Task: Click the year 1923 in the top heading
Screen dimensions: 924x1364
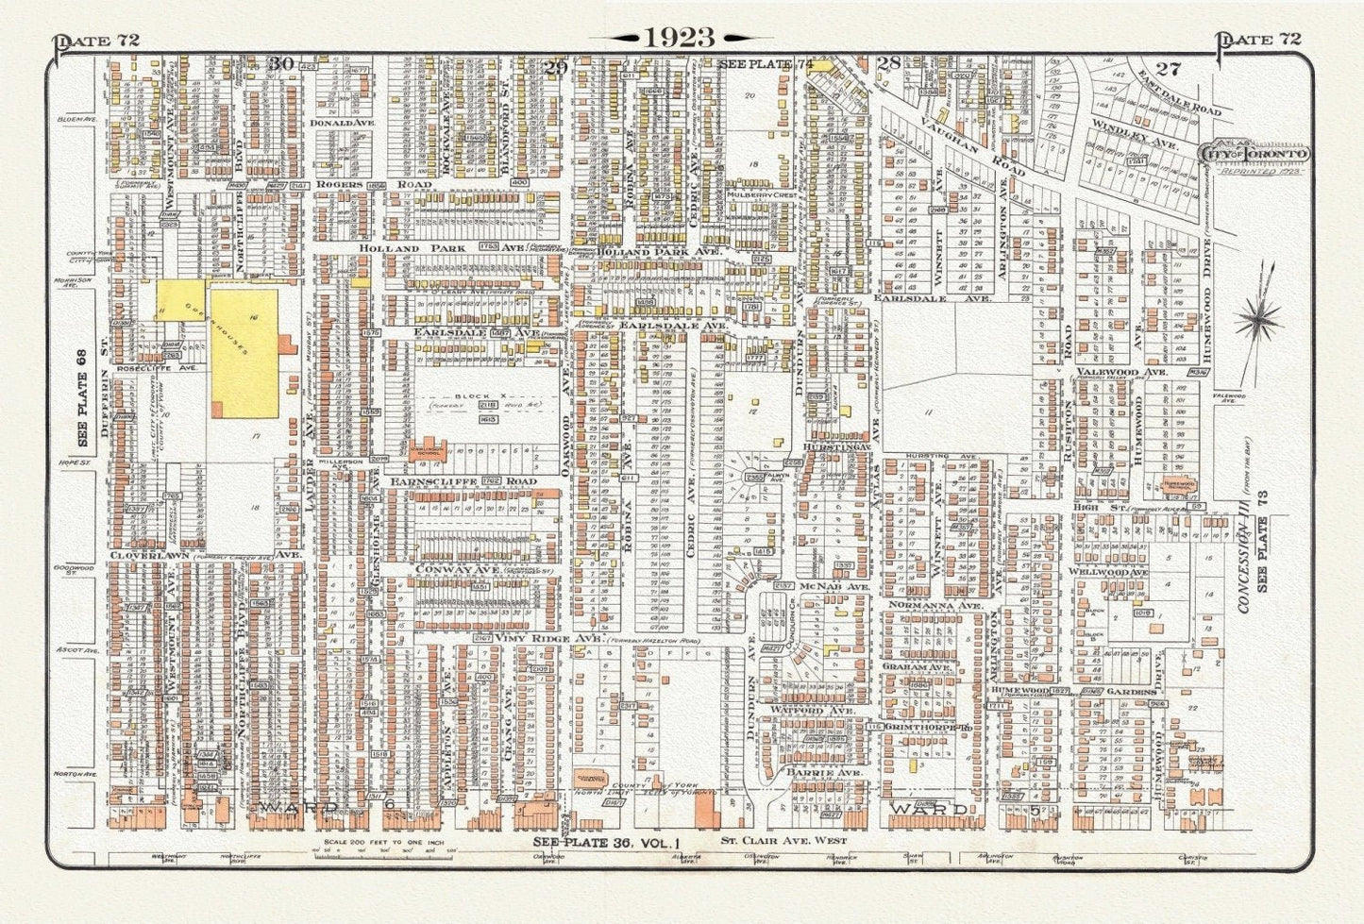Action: (680, 37)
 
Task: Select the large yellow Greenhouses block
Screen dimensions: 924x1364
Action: (244, 352)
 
